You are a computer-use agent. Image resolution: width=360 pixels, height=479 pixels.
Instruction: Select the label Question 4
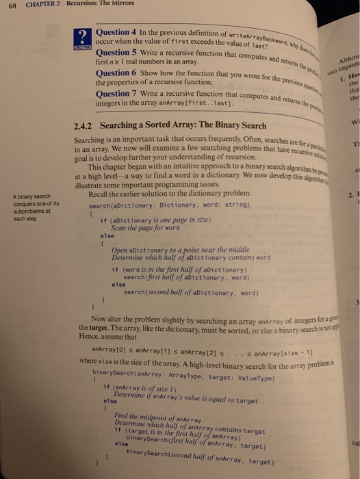pos(118,31)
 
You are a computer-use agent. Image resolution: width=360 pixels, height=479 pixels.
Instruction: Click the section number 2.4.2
pos(83,126)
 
